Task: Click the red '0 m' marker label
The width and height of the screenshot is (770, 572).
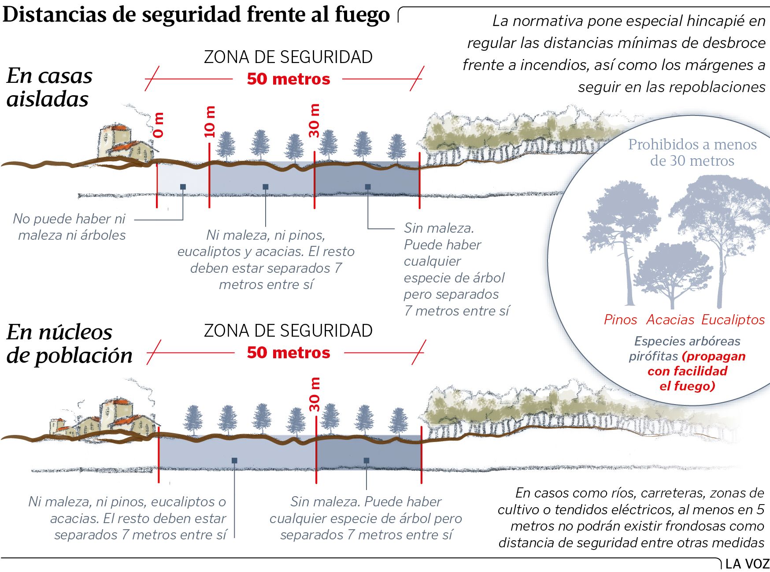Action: pos(159,125)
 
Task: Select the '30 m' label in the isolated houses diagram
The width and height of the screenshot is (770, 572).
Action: pos(314,121)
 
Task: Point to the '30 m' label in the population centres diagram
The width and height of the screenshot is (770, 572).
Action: pos(315,395)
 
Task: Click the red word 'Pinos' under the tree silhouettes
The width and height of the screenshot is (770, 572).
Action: pos(620,319)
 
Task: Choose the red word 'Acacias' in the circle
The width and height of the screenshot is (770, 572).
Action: pos(670,319)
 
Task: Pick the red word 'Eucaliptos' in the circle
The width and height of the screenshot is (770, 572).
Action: pos(733,319)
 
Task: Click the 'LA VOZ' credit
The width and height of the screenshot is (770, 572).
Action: pos(747,564)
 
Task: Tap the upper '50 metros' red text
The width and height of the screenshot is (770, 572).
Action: pos(289,79)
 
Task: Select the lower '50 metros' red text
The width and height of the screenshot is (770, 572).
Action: pos(289,353)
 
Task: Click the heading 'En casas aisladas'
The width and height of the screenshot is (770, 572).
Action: pos(49,87)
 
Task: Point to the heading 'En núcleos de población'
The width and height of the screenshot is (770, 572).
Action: pos(69,344)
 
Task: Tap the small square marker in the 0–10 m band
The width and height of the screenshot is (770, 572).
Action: pos(183,187)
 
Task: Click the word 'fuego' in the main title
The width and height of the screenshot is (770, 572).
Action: pos(362,14)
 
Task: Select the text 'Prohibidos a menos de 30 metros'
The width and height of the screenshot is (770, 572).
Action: pos(692,152)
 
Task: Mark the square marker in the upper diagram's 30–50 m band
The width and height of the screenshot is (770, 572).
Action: pos(368,187)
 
